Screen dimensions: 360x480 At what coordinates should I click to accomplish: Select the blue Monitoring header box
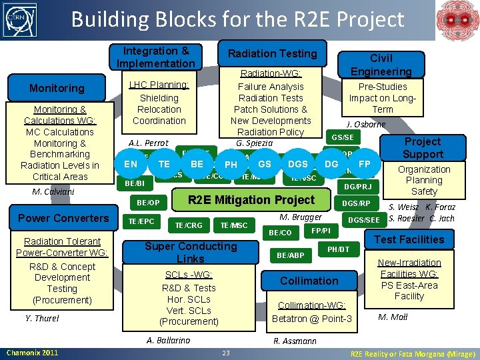click(57, 88)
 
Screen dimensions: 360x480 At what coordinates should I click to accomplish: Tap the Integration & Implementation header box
click(157, 57)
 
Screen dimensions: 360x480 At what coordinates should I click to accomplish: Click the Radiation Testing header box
click(273, 53)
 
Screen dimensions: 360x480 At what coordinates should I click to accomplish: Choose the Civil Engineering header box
click(381, 65)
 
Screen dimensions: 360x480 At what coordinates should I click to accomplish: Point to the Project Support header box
click(423, 148)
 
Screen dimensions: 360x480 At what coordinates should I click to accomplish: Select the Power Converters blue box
click(63, 218)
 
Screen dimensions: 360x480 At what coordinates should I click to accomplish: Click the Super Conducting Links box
click(191, 252)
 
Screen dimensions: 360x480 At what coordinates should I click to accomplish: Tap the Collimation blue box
click(309, 281)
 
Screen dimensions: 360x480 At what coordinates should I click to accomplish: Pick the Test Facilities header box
click(409, 239)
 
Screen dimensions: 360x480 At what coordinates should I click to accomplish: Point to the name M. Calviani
click(53, 192)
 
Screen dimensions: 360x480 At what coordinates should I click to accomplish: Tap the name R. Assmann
click(295, 341)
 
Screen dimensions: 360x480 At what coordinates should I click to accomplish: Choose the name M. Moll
click(393, 317)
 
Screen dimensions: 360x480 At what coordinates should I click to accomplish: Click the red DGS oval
click(297, 163)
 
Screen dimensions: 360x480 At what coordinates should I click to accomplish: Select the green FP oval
click(365, 163)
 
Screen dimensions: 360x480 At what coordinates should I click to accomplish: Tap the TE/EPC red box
click(141, 221)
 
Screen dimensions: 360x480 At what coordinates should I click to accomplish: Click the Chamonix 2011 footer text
click(32, 353)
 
